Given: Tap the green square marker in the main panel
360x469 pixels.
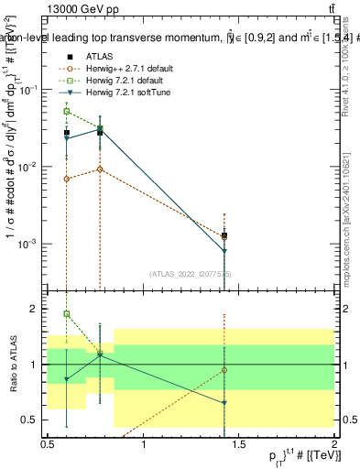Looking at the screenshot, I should (x=67, y=112).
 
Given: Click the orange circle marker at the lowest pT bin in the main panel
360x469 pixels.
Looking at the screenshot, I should (x=67, y=179).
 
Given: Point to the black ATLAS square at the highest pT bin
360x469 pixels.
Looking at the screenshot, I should (x=224, y=235).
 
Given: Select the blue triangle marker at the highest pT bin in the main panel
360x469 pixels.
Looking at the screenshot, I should (x=224, y=251).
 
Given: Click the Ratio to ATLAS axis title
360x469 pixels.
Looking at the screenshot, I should (x=11, y=365).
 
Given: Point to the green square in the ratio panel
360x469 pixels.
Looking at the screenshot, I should (x=67, y=314).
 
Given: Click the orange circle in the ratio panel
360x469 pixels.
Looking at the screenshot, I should (x=224, y=370).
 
